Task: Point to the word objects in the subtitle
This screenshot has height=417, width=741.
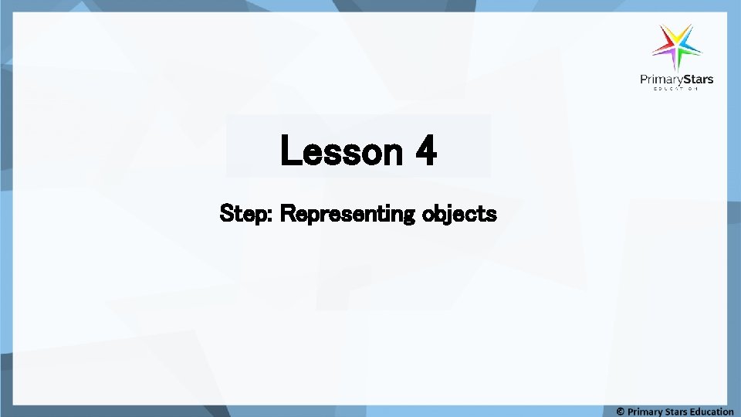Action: (x=460, y=213)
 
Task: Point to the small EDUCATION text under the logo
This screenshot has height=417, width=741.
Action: (x=676, y=90)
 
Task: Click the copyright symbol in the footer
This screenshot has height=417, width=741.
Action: (x=620, y=412)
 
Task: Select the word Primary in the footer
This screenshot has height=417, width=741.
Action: (x=645, y=412)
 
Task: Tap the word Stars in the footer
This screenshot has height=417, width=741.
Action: (x=677, y=412)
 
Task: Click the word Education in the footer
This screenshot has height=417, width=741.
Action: (x=712, y=412)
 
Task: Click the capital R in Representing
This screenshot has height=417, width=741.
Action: (x=286, y=212)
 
